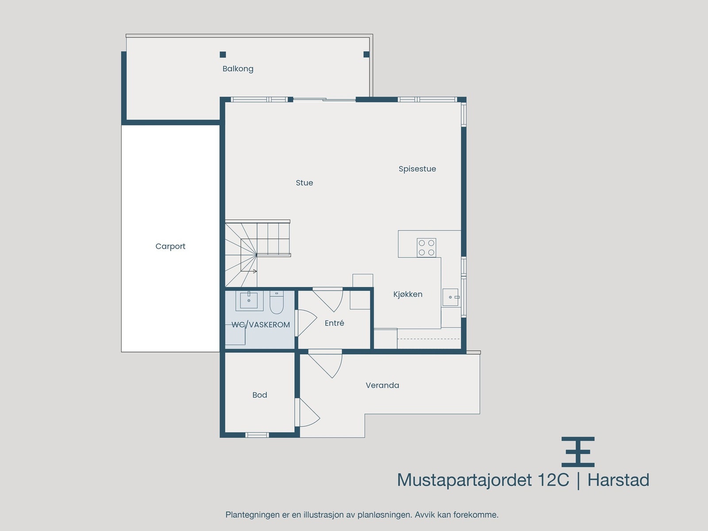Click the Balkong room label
pyautogui.click(x=238, y=69)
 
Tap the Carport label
pyautogui.click(x=170, y=246)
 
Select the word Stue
pyautogui.click(x=304, y=183)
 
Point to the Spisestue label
pyautogui.click(x=417, y=169)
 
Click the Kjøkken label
pyautogui.click(x=408, y=294)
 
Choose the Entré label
pyautogui.click(x=334, y=323)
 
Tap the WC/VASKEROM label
pyautogui.click(x=261, y=325)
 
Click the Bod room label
pyautogui.click(x=260, y=395)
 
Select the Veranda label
pyautogui.click(x=382, y=385)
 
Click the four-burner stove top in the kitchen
pyautogui.click(x=427, y=248)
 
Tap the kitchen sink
pyautogui.click(x=450, y=297)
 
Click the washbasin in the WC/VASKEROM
pyautogui.click(x=249, y=300)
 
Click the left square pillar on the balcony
pyautogui.click(x=223, y=55)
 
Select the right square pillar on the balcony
pyautogui.click(x=366, y=54)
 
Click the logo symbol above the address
pyautogui.click(x=578, y=452)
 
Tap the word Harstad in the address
pyautogui.click(x=618, y=480)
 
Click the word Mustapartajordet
pyautogui.click(x=464, y=480)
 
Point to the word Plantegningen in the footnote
pyautogui.click(x=252, y=515)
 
